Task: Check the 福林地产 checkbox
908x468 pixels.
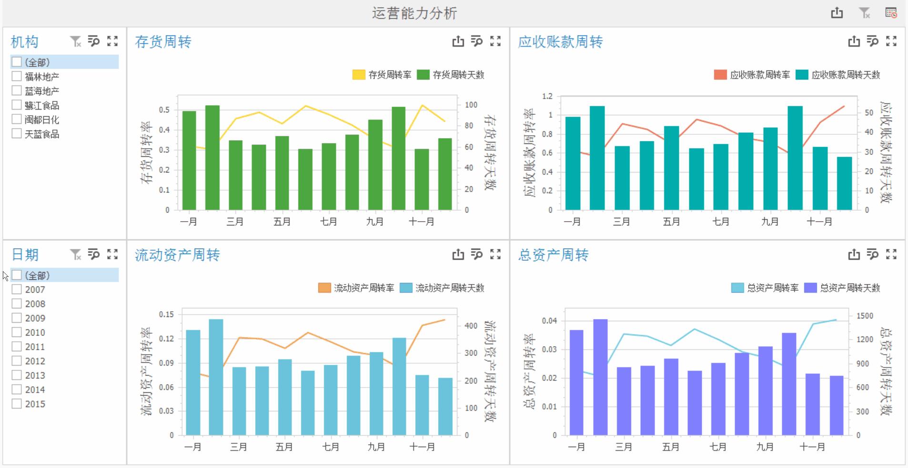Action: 17,76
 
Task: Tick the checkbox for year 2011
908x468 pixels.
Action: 17,346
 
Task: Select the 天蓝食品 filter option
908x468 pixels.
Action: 17,133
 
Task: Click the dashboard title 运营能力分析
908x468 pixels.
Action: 414,13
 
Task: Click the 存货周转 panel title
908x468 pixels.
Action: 163,42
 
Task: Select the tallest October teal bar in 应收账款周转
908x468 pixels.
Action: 795,158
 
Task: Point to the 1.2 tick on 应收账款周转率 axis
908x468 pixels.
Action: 547,96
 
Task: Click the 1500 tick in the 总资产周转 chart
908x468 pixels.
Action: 864,315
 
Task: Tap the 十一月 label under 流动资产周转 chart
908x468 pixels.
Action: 422,447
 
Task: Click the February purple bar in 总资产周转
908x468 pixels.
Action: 600,376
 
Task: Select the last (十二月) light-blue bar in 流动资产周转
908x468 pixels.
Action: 445,406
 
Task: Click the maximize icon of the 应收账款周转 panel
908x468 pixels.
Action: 891,41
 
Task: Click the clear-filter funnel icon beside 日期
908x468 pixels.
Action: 75,254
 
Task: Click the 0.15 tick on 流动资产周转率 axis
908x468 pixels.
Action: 166,314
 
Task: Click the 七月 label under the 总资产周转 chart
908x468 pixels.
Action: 717,447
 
